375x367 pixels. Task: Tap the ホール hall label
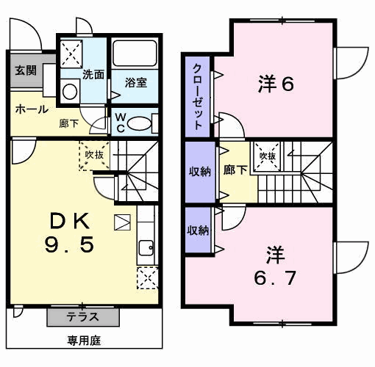pos(31,109)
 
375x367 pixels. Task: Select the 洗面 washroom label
pos(93,74)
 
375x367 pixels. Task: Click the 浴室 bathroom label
pos(135,82)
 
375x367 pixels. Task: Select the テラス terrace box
pos(83,317)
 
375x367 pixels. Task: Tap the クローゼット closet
pos(198,96)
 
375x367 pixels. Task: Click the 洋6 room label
pos(276,84)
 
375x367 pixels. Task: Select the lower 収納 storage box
pos(198,230)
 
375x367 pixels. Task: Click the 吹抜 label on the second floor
pos(266,156)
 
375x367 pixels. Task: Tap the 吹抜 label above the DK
pos(93,155)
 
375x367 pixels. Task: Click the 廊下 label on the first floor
pos(68,124)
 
